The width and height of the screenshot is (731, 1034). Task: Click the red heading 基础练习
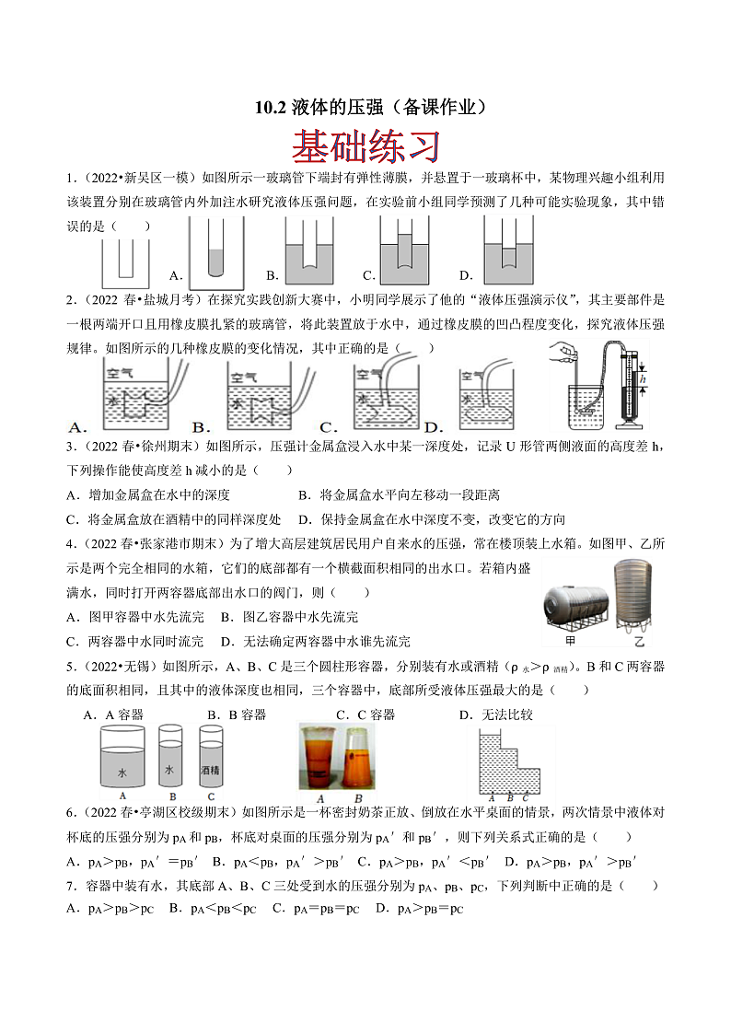(x=365, y=145)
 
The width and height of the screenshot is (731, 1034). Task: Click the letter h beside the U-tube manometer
(x=642, y=379)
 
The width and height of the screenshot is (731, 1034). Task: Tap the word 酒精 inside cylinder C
(x=211, y=770)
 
